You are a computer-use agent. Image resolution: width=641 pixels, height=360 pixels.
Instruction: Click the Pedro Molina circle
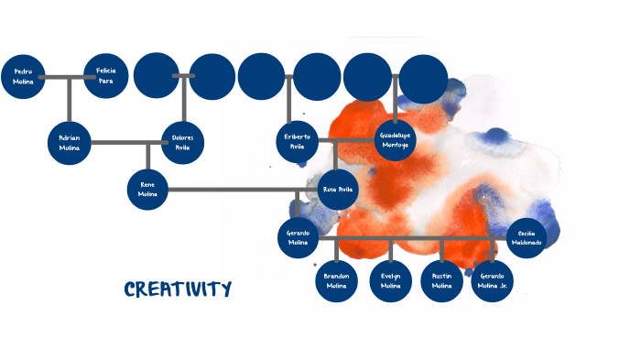[x=24, y=76]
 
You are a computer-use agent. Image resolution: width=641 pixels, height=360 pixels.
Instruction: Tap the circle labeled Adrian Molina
[x=70, y=142]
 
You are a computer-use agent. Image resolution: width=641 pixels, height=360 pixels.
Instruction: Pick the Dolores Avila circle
[x=182, y=142]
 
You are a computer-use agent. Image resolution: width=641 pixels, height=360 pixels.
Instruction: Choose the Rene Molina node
[x=148, y=190]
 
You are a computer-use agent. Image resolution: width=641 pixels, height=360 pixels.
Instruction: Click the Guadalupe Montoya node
[x=395, y=140]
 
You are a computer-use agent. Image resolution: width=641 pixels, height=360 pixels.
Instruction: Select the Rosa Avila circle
[x=337, y=190]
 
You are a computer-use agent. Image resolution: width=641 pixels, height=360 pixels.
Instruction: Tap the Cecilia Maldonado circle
[x=527, y=238]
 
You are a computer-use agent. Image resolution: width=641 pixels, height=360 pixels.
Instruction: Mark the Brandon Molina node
[x=337, y=281]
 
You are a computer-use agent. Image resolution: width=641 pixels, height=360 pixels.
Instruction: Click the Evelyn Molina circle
[x=391, y=281]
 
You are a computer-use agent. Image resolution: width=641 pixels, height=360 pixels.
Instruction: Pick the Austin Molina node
[x=442, y=281]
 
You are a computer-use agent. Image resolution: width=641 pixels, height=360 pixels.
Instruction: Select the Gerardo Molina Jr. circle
[x=493, y=281]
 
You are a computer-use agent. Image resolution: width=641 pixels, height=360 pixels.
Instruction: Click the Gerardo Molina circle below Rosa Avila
[x=298, y=237]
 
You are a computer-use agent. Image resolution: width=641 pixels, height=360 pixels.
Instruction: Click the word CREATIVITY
[x=178, y=290]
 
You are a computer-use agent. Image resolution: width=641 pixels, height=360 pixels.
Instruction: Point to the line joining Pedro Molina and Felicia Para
[x=64, y=77]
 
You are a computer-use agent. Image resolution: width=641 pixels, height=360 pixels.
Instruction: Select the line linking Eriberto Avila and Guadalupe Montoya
[x=345, y=140]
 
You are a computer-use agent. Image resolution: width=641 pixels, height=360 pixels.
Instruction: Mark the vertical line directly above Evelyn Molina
[x=391, y=249]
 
